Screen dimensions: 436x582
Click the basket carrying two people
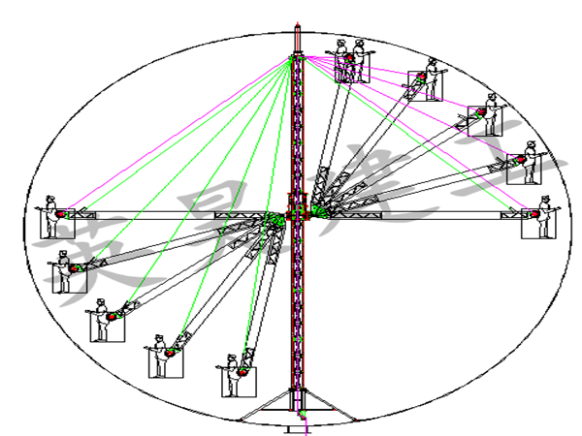(351, 66)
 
